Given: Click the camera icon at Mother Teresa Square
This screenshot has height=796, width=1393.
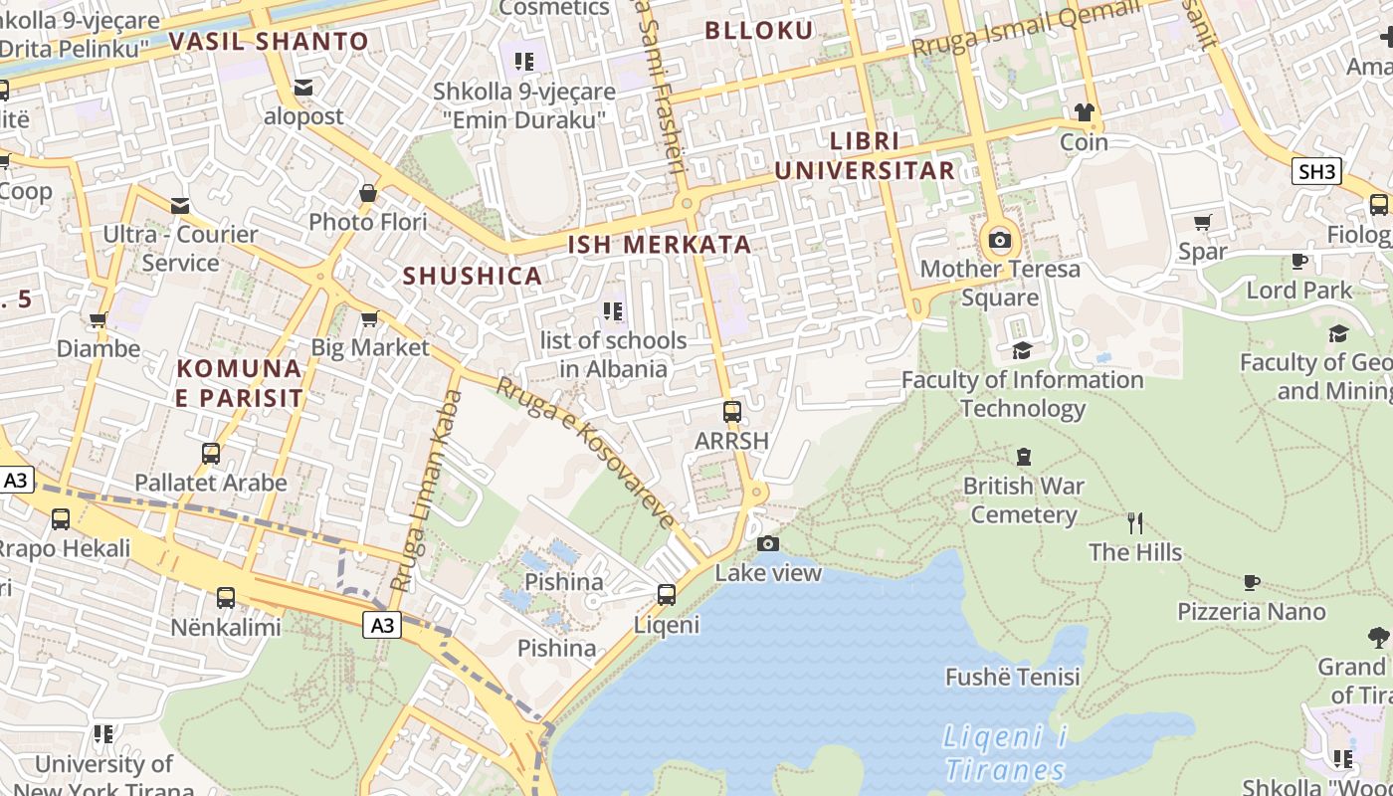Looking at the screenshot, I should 1000,240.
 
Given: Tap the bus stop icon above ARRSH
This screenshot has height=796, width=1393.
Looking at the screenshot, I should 732,411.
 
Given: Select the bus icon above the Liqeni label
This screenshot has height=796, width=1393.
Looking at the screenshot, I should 667,595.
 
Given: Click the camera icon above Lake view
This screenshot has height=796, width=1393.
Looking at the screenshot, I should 768,543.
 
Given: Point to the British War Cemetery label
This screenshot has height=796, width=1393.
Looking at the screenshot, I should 1023,500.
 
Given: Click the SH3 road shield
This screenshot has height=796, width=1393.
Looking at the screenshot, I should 1316,171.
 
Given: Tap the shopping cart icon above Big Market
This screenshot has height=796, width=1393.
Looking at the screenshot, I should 369,318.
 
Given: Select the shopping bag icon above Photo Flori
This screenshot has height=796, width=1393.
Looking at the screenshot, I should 368,193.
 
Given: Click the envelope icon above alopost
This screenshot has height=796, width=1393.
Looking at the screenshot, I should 303,89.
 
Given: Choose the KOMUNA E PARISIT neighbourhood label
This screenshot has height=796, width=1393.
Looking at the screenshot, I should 240,383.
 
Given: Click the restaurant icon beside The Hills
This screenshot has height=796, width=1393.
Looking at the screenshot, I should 1135,522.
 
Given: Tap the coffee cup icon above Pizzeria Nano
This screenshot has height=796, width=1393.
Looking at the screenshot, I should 1252,582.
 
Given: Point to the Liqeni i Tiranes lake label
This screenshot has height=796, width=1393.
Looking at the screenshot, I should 1005,753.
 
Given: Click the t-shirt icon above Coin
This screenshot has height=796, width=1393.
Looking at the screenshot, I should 1084,112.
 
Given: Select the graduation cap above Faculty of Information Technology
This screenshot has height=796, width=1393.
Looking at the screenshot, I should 1022,350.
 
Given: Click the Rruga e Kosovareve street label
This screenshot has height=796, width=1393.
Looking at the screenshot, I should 585,453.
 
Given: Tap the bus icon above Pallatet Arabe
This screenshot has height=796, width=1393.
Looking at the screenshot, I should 211,454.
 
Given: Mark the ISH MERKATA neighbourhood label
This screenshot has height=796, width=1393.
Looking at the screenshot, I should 659,244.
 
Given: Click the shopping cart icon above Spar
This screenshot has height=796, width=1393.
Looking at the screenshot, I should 1203,222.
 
